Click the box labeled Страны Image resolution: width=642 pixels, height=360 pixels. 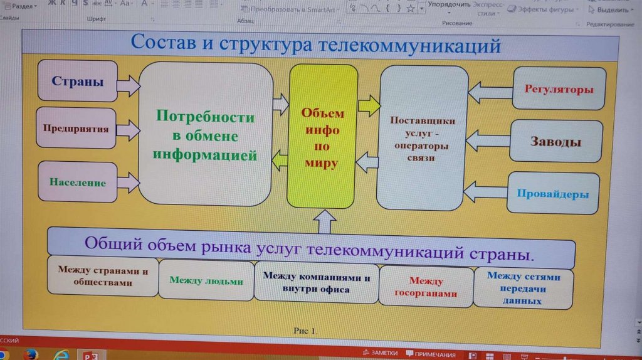click(77, 82)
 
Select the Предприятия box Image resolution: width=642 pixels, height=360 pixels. click(76, 130)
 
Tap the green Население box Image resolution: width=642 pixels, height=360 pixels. click(78, 183)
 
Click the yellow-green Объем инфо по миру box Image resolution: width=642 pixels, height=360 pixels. click(322, 138)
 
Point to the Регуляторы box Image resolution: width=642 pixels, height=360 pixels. click(559, 89)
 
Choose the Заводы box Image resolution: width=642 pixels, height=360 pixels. click(555, 141)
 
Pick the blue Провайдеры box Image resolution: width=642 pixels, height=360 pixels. click(552, 194)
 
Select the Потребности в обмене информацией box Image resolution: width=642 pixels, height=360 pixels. click(206, 135)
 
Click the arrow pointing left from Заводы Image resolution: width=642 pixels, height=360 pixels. click(487, 140)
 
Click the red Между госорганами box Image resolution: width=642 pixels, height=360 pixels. click(425, 287)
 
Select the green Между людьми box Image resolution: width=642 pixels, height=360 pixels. click(206, 280)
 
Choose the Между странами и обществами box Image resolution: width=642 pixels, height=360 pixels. click(103, 276)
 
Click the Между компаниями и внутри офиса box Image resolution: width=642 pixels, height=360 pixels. click(316, 282)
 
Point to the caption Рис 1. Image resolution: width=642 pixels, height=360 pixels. click(305, 330)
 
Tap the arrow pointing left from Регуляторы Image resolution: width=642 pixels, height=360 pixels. click(490, 92)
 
